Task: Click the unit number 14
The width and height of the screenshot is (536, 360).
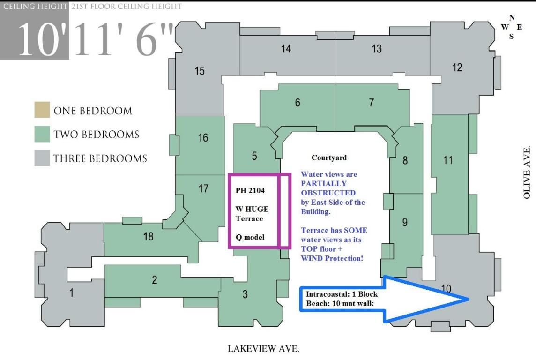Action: [x=286, y=49]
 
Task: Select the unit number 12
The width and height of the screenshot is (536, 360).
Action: [x=457, y=67]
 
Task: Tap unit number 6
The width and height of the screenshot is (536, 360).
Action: [x=298, y=103]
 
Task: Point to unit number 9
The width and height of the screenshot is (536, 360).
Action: [x=404, y=223]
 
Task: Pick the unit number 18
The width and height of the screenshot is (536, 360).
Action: [x=148, y=236]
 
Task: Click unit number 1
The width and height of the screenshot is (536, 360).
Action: [x=71, y=293]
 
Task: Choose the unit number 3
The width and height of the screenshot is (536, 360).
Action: [x=245, y=294]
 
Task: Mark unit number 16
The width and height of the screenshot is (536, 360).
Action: [x=202, y=138]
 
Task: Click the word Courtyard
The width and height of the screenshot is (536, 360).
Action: [x=329, y=158]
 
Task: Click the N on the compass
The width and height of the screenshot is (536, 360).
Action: [x=512, y=18]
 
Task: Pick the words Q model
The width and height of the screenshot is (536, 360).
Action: [x=250, y=237]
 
